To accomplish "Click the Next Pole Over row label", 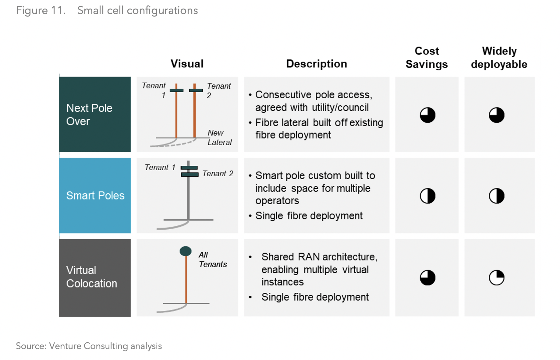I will click(89, 115).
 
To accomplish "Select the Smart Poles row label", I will click(95, 196).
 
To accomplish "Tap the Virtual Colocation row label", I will click(91, 277).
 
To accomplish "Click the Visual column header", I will click(187, 64).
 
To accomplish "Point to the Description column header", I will click(316, 64).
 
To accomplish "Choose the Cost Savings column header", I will click(427, 58).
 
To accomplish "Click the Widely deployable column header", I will click(499, 58).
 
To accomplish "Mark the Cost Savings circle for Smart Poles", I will click(427, 196).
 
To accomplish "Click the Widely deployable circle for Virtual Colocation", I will click(496, 277).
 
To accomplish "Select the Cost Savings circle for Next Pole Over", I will click(427, 115).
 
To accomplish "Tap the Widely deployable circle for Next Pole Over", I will click(496, 115).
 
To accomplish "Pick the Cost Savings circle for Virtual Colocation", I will click(427, 277).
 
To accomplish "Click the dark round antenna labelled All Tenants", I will click(186, 251).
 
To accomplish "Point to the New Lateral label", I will click(219, 138).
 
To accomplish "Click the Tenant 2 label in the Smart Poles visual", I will click(218, 174).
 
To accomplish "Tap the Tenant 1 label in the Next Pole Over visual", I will click(154, 90).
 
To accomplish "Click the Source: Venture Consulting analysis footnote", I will click(89, 346).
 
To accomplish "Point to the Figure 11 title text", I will click(107, 10).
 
